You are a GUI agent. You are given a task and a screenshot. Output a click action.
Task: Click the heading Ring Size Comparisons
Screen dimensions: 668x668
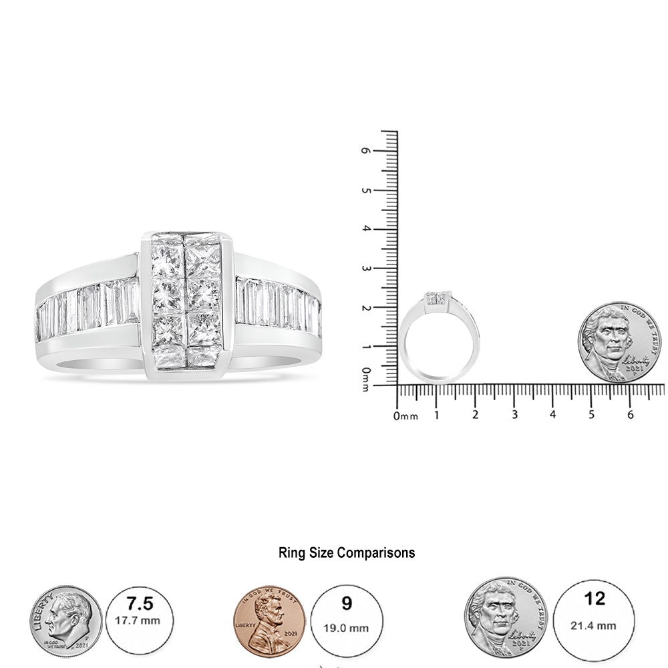(x=346, y=552)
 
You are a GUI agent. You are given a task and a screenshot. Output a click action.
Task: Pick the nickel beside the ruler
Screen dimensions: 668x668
(x=619, y=342)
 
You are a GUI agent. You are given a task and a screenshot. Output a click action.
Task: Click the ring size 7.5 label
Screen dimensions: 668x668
(x=140, y=605)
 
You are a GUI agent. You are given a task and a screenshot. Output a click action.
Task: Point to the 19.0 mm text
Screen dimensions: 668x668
(x=346, y=628)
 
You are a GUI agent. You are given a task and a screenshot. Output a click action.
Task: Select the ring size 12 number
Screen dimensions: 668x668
(x=594, y=599)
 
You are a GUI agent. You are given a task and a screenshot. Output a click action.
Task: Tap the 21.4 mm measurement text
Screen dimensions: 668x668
(x=594, y=626)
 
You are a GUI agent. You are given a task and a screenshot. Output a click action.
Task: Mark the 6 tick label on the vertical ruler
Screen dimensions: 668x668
(x=365, y=151)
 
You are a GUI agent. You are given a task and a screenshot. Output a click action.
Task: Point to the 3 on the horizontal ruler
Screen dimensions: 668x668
(x=514, y=415)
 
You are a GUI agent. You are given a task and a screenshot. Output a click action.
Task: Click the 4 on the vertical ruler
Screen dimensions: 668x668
(x=365, y=229)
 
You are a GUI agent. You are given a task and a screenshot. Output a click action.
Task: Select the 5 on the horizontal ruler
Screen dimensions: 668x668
(x=592, y=415)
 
